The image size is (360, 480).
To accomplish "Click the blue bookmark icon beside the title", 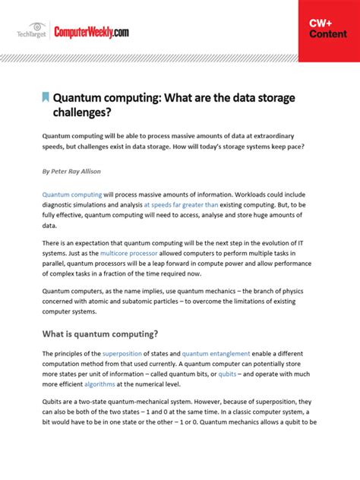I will click(46, 97).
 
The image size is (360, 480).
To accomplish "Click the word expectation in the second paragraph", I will click(98, 242).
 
